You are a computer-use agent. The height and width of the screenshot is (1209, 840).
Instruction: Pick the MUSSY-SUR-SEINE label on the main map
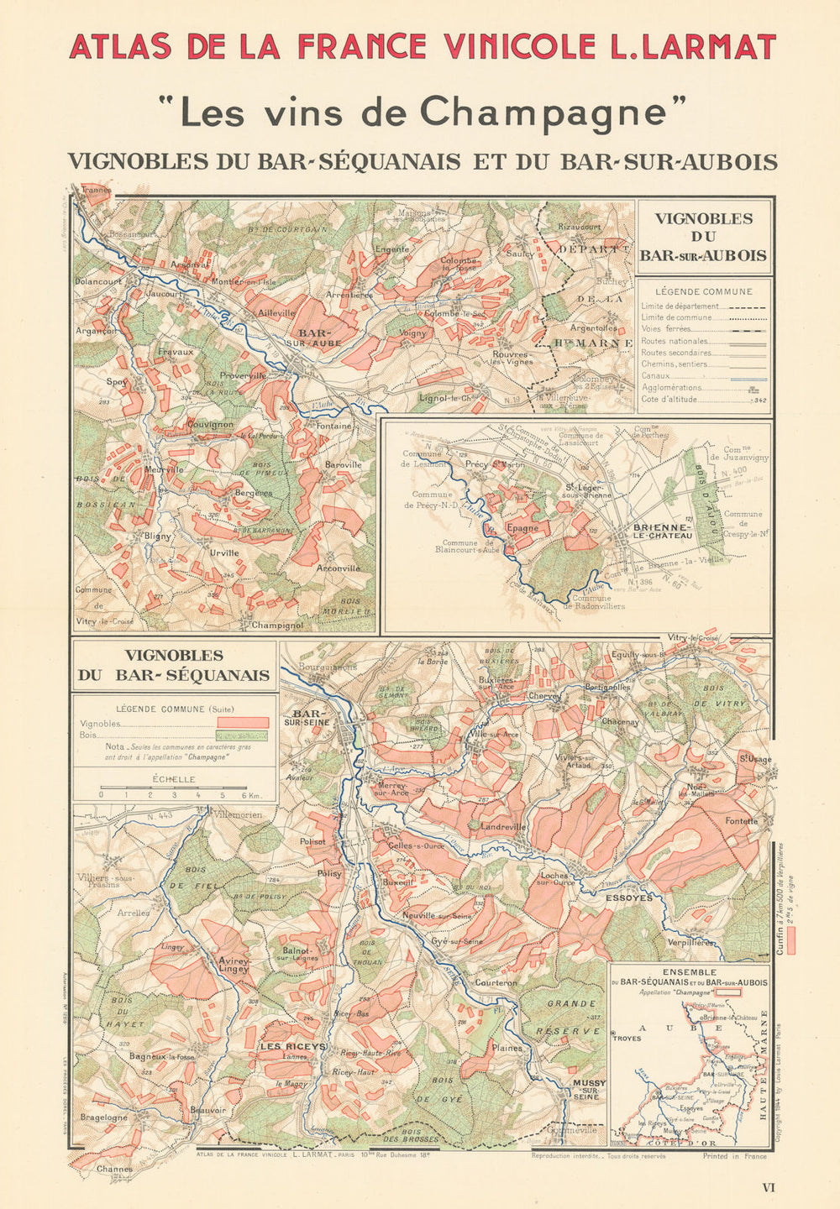[588, 1089]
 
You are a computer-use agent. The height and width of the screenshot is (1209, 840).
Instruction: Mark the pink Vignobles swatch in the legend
[243, 722]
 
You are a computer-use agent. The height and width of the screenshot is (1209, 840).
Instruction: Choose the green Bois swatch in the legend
[243, 735]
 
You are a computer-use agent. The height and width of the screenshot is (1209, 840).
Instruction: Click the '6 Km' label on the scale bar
[249, 793]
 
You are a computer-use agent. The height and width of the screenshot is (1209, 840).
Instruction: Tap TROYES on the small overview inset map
[627, 1039]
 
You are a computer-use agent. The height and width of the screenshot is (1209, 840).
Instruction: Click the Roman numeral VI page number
[768, 1187]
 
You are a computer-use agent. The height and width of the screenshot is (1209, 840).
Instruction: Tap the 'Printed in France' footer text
[734, 1156]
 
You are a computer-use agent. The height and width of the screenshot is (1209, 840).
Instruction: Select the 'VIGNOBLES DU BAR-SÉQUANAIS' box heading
[174, 665]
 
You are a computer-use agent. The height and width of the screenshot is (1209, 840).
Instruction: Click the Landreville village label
[502, 826]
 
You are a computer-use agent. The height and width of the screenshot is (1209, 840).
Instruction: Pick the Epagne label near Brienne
[522, 528]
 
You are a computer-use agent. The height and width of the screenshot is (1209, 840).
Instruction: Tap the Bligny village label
[157, 536]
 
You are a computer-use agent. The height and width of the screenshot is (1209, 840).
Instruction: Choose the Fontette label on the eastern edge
[741, 821]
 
